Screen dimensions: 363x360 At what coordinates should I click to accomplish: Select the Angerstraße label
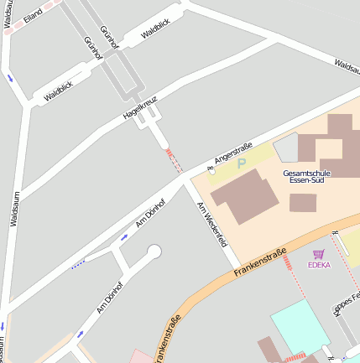233,151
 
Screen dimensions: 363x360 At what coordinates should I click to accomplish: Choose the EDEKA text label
319,265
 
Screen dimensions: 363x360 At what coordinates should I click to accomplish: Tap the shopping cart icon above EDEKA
318,254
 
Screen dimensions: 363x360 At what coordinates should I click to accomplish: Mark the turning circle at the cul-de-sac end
154,251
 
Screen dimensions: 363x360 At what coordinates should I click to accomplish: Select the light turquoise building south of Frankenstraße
300,327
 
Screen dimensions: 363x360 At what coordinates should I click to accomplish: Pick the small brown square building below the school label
303,202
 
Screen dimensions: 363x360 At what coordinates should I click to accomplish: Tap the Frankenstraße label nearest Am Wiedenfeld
261,261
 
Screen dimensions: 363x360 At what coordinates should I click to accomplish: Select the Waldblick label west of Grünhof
59,91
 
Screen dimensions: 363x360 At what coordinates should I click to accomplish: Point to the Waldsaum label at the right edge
347,65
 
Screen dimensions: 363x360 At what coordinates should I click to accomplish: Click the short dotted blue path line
78,265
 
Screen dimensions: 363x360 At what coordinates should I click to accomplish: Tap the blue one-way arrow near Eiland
10,78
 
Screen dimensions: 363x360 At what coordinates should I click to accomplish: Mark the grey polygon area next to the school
286,147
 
